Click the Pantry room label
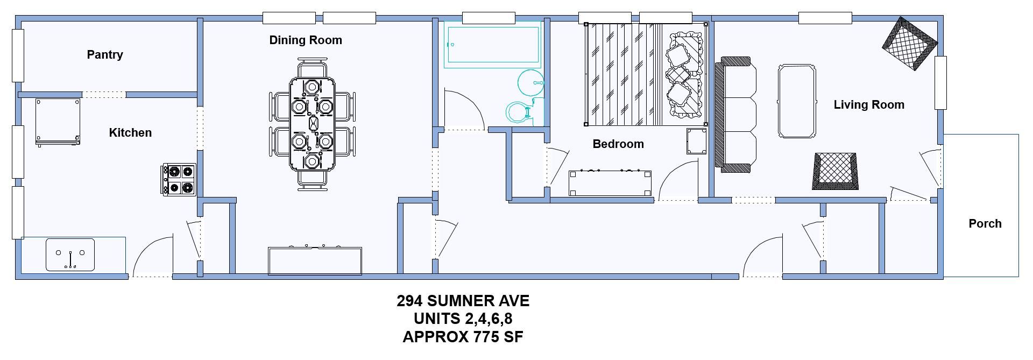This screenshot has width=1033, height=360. (x=105, y=54)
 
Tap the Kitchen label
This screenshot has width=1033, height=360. (x=130, y=132)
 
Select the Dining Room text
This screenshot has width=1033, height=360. (x=306, y=40)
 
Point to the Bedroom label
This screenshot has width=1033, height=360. (x=618, y=144)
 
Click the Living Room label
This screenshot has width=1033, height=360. (x=869, y=104)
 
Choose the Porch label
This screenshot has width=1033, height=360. (x=985, y=223)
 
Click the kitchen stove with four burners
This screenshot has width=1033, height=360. (x=180, y=180)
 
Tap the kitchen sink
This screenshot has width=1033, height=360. (x=70, y=255)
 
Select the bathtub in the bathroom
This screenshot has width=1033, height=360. (x=492, y=45)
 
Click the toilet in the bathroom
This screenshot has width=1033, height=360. (x=519, y=111)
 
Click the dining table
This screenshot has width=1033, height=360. (x=313, y=124)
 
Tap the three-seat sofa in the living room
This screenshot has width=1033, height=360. (x=735, y=115)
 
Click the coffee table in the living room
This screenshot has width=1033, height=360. (x=797, y=102)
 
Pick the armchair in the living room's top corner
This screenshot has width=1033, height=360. (x=910, y=44)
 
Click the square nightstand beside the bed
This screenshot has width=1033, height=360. (x=696, y=141)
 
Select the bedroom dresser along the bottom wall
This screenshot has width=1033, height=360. (x=610, y=183)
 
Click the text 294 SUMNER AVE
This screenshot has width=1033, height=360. (x=463, y=301)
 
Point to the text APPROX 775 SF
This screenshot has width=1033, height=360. (x=463, y=337)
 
